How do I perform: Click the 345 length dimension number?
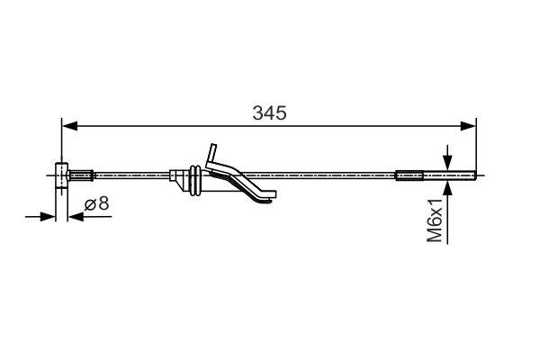(x=269, y=113)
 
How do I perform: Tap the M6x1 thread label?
(x=436, y=220)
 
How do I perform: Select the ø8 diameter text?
(x=97, y=204)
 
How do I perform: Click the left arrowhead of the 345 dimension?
(x=68, y=125)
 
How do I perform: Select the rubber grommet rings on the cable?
(x=194, y=179)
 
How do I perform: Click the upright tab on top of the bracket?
(x=212, y=154)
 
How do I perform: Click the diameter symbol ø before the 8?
(x=90, y=204)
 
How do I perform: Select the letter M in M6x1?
(x=436, y=235)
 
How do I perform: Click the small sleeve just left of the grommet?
(x=175, y=175)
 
